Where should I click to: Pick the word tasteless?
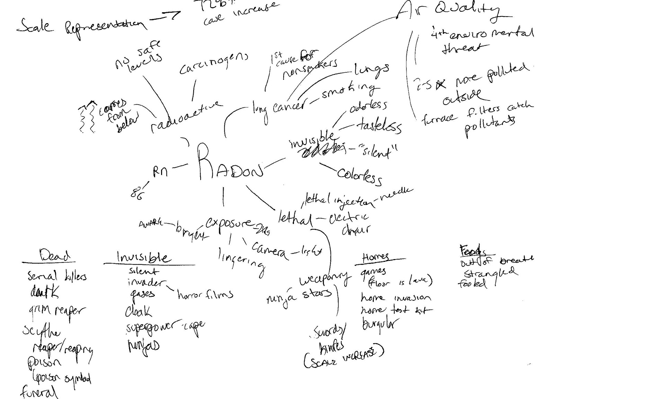[379, 125]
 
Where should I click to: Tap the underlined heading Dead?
[55, 256]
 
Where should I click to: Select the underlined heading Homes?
[375, 257]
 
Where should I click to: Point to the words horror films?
[205, 295]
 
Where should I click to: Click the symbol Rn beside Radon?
[160, 171]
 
